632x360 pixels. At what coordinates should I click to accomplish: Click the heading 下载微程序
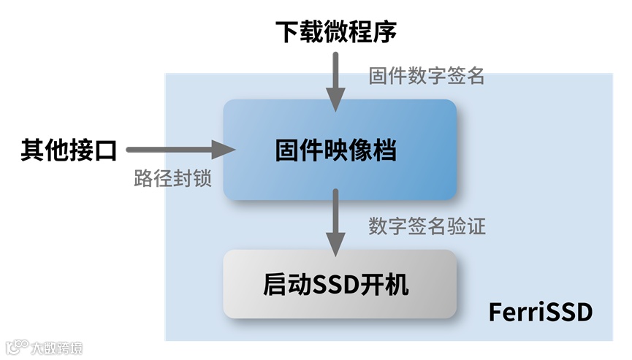336,31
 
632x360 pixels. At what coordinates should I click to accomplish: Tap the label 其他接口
69,150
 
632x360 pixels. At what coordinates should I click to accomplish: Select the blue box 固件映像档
340,150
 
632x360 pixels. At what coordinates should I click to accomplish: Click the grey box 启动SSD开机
340,284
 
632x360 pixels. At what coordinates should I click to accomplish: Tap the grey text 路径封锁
173,179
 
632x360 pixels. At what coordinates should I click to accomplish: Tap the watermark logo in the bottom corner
43,346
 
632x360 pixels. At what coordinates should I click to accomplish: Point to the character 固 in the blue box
286,151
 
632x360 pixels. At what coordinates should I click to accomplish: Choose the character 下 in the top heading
287,32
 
